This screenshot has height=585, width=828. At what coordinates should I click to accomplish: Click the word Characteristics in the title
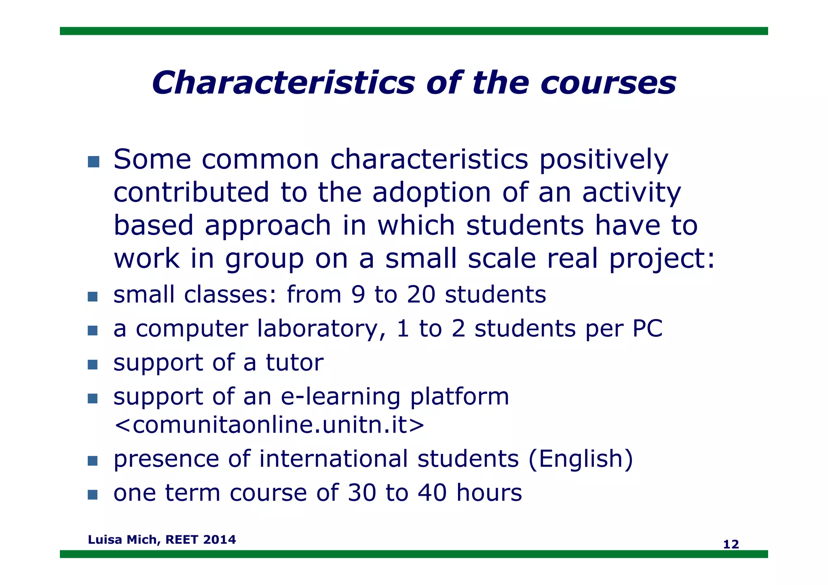[283, 83]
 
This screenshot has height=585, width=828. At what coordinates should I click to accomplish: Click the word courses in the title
[608, 84]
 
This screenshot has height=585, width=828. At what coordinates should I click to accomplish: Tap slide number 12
[731, 544]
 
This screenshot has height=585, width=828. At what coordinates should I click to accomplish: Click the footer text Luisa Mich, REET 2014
[162, 539]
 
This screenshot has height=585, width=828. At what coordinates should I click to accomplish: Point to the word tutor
[294, 362]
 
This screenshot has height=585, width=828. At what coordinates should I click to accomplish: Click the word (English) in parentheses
[581, 459]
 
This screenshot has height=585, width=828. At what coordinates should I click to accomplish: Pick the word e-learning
[340, 397]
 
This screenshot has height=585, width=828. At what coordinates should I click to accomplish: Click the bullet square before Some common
[93, 162]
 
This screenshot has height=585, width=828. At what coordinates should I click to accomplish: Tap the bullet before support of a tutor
[93, 365]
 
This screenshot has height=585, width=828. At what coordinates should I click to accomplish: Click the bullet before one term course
[93, 494]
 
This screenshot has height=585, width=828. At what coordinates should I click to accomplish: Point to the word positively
[603, 160]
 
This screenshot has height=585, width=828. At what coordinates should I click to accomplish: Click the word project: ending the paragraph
[662, 259]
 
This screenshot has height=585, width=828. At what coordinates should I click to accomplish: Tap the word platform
[459, 397]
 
